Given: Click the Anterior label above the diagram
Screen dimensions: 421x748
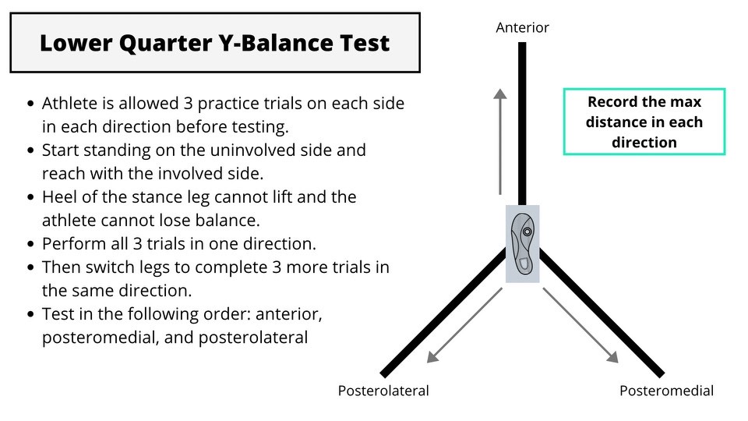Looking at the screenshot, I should [x=523, y=28].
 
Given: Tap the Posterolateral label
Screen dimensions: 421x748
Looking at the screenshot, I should [x=383, y=391].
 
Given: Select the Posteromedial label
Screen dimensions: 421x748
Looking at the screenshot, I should [x=666, y=391].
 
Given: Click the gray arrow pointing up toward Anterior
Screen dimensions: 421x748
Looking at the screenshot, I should [x=499, y=140].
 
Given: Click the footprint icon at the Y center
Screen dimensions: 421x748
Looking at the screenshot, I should [x=522, y=243].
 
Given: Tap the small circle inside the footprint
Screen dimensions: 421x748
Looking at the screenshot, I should [x=527, y=232].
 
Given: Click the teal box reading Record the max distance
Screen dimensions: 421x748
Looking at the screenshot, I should [x=644, y=122].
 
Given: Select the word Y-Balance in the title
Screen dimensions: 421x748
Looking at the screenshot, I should [x=271, y=43].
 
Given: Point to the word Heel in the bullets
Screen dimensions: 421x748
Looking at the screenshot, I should [x=58, y=196].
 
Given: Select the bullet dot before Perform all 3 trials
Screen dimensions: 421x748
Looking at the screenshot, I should [x=30, y=244].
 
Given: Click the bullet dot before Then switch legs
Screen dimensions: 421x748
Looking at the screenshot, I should [x=30, y=267].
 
